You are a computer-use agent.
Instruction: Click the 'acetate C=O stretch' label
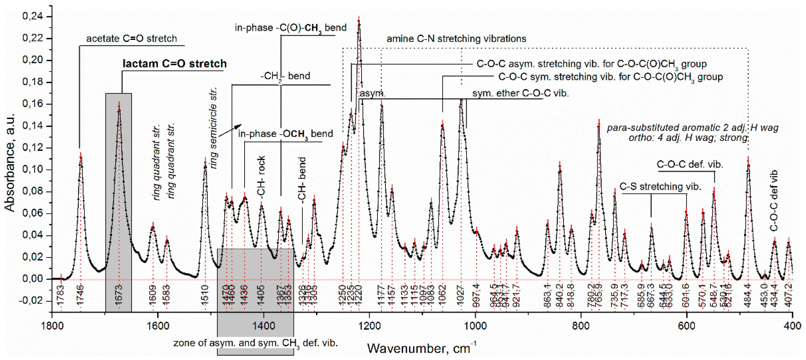point(131,38)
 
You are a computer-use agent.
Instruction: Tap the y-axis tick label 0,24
point(33,16)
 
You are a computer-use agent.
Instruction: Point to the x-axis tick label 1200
point(369,326)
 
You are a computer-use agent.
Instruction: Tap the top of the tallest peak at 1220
point(359,21)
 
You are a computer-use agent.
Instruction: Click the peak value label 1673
point(119,294)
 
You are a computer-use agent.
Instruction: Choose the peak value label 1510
point(205,294)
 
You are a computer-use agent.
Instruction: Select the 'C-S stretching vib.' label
point(660,187)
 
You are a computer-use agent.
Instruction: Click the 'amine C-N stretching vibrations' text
point(456,39)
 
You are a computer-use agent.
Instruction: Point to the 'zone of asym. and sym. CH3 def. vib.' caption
point(255,343)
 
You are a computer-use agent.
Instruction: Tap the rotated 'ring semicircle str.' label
point(214,128)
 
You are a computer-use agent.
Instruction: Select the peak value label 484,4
point(748,294)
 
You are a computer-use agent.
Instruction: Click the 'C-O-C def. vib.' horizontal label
point(690,165)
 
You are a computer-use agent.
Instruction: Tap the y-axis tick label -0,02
point(33,301)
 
